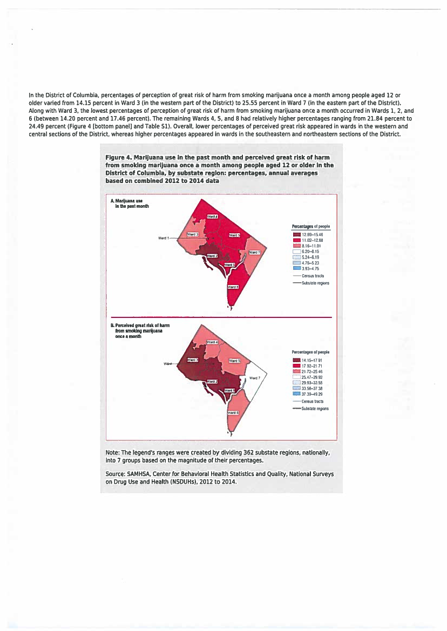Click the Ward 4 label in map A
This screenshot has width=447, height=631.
coord(213,216)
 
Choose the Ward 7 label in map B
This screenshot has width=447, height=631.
coord(255,378)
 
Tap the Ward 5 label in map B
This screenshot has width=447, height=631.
coord(235,361)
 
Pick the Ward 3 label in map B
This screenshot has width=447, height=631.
coord(193,359)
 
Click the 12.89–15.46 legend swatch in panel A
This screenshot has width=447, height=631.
coord(296,235)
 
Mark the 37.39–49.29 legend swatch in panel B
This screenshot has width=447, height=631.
coord(296,393)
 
